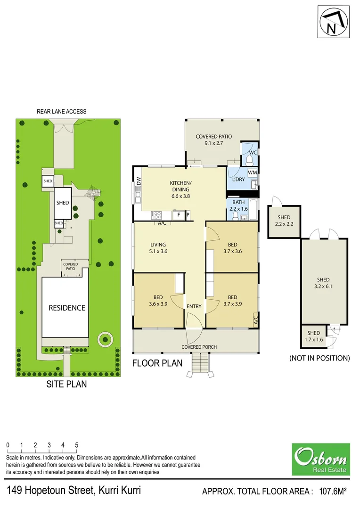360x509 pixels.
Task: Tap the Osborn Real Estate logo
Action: point(321,459)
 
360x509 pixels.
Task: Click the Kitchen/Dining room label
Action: point(180,186)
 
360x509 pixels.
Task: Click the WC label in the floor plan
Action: point(252,153)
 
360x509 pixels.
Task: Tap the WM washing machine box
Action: point(252,172)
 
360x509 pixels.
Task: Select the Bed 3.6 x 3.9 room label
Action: point(158,301)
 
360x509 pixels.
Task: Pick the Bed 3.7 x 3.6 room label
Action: point(232,248)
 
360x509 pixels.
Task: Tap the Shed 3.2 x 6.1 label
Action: point(323,283)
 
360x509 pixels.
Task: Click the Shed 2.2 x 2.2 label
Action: point(284,221)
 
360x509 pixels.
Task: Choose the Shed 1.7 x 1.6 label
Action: point(313,337)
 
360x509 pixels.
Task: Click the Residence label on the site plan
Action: point(67,308)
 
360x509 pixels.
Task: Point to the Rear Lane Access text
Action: point(62,112)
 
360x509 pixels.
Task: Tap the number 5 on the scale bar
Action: point(76,445)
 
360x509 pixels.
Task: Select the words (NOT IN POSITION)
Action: point(319,358)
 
